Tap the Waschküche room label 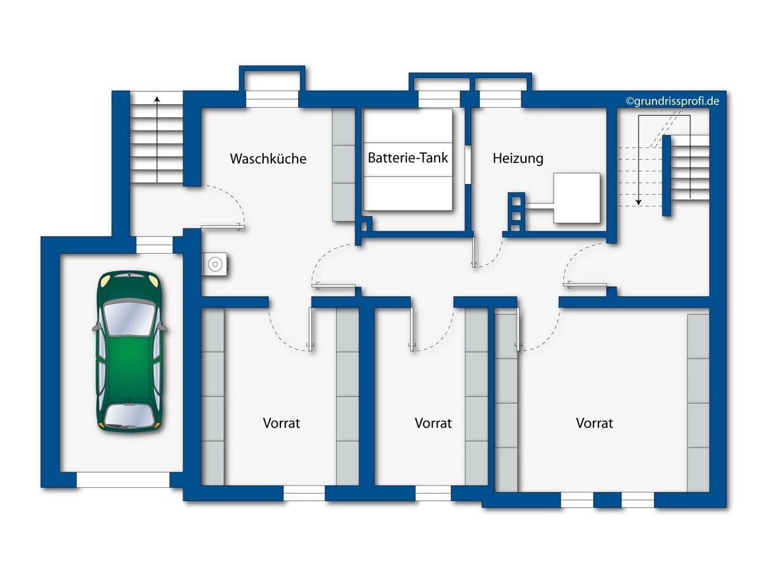268,159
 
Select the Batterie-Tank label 408,158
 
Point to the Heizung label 517,159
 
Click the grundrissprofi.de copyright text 672,102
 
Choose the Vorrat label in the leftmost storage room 282,423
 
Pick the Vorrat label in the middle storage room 433,423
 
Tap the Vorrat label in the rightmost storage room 594,423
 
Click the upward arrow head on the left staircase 157,100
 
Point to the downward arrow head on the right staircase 639,202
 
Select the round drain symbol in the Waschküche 215,265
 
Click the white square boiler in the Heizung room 576,198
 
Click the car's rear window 129,415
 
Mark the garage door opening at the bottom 123,480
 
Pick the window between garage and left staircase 154,245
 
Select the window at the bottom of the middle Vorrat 433,494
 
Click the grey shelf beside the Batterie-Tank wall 344,164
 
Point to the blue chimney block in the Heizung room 516,212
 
